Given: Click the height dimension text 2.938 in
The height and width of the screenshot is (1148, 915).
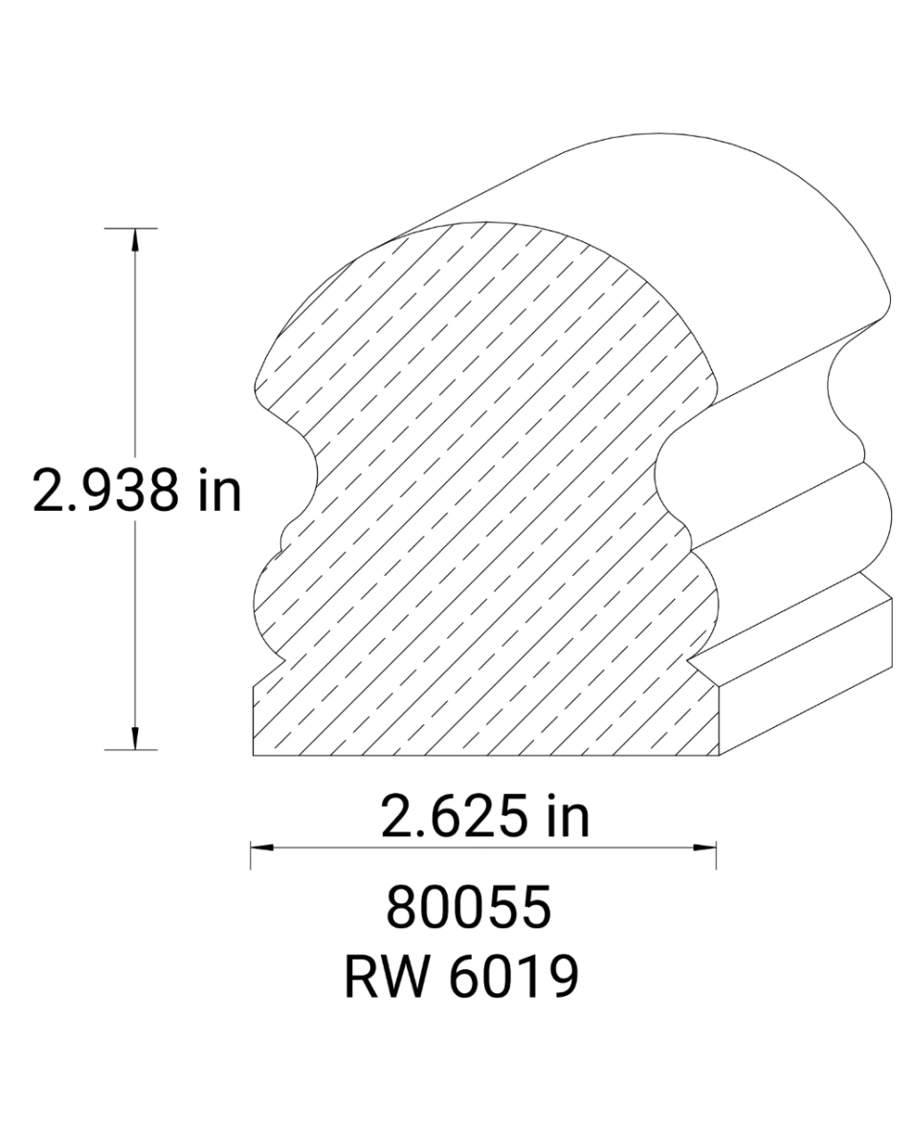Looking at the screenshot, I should pos(136,491).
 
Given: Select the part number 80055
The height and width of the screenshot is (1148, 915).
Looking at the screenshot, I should pos(469,908).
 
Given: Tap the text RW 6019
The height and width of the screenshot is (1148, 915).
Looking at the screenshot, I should pos(461,978).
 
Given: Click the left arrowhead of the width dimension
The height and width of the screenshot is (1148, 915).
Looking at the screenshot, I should pos(260,847).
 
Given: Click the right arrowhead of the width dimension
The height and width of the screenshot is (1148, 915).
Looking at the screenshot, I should pos(707,847).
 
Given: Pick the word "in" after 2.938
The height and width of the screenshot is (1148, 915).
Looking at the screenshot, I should pos(219,491).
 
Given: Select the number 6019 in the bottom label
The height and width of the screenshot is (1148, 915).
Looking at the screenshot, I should pos(509,978).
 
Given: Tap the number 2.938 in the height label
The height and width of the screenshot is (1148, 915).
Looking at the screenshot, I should pos(105,491).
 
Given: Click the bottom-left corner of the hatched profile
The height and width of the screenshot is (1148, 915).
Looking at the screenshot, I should pos(254,755).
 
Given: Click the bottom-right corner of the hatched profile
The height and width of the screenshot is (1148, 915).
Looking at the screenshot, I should pos(717,755).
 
